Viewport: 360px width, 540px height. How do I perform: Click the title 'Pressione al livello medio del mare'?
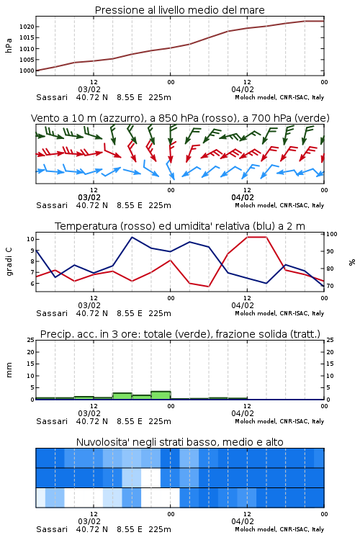[x=179, y=10]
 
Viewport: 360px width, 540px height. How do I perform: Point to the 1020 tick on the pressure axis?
[x=27, y=27]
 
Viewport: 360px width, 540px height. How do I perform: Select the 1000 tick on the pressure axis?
[x=27, y=71]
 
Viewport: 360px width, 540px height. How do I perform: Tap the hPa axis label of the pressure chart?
[x=9, y=45]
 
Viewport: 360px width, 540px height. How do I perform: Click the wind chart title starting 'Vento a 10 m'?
[x=180, y=118]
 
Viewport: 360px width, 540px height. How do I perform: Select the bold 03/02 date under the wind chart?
[x=89, y=197]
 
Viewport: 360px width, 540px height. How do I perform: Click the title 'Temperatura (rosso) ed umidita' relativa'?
[x=180, y=226]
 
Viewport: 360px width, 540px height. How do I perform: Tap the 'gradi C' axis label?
[x=9, y=261]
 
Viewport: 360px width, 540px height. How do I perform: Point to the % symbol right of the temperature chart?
[x=352, y=262]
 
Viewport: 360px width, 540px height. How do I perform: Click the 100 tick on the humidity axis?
[x=332, y=234]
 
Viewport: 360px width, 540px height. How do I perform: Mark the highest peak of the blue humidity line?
[x=132, y=237]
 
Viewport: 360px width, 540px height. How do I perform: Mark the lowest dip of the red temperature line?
[x=209, y=287]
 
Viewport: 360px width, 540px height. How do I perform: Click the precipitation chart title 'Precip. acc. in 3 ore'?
[x=180, y=334]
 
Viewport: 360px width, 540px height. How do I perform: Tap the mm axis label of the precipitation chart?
[x=9, y=370]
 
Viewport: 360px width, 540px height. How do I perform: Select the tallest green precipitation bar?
[x=161, y=395]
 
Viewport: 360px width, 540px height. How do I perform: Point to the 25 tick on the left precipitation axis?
[x=31, y=340]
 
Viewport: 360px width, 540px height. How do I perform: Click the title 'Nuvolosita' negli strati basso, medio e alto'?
[x=179, y=442]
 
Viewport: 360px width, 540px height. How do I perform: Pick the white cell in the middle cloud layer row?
[x=151, y=477]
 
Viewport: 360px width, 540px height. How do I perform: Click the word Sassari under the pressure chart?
[x=52, y=97]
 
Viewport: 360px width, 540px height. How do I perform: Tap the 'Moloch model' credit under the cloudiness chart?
[x=256, y=529]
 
